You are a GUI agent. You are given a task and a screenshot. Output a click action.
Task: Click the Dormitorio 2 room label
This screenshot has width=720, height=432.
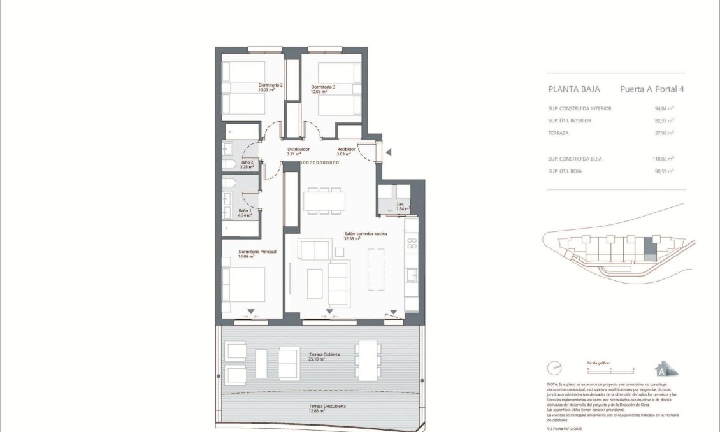270,88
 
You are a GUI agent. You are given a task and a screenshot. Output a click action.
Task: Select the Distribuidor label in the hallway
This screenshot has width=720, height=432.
298,152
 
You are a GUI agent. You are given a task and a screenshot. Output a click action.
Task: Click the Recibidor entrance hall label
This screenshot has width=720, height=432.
346,152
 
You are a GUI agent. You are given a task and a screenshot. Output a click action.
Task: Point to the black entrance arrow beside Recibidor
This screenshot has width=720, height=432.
389,152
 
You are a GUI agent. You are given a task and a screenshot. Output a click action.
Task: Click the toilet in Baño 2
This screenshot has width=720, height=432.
229,164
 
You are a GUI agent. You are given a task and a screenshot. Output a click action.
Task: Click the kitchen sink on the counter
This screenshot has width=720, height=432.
412,275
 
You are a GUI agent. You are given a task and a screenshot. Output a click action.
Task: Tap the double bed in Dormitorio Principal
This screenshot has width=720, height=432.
243,284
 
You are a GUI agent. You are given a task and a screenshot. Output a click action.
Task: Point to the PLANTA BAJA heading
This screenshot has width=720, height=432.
570,90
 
